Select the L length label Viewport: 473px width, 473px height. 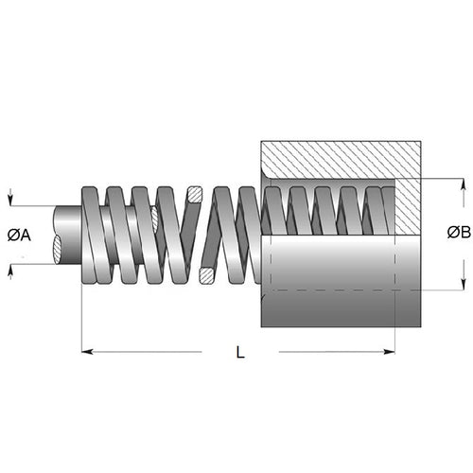coord(240,353)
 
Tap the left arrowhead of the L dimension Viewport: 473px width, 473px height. coord(88,352)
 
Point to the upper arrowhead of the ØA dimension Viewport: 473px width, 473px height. coord(9,201)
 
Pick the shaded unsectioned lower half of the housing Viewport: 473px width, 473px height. coord(331,284)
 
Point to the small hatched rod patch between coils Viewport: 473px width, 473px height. coord(154,218)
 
